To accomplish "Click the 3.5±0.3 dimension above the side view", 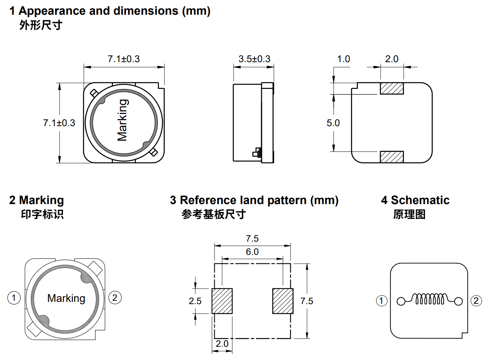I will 254,59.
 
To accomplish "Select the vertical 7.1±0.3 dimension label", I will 59,123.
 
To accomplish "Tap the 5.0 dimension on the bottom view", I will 333,123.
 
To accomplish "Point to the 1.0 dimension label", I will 344,59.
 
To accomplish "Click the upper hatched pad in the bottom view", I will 392,88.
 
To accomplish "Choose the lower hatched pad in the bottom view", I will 392,157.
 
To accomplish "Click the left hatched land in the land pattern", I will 222,301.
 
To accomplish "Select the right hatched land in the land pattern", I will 282,301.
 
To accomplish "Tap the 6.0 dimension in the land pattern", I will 252,252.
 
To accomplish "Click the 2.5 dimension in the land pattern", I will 195,301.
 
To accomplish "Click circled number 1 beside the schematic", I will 381,301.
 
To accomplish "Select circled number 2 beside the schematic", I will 476,301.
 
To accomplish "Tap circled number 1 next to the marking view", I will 14,297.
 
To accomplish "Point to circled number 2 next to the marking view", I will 115,297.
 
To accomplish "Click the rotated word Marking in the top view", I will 122,120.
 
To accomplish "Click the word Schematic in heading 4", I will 420,200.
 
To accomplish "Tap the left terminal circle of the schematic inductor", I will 401,302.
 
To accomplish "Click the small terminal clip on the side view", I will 257,152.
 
